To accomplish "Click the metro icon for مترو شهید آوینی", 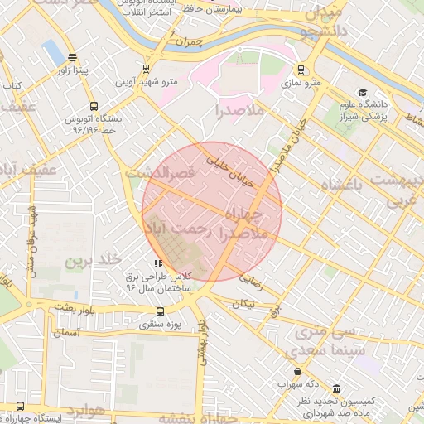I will pos(146,69).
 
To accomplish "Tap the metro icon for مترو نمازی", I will pos(300,70).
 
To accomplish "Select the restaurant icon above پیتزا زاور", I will pos(73,59).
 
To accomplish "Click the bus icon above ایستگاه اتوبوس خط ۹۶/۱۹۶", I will pos(93,107).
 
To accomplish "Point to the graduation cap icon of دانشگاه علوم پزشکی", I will pos(362,92).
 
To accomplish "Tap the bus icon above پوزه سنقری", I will pos(160,311).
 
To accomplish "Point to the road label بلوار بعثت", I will pos(65,307).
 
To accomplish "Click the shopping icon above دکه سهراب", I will pos(297,371).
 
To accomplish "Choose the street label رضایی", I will pos(250,280).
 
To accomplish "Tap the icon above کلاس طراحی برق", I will pos(158,263).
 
